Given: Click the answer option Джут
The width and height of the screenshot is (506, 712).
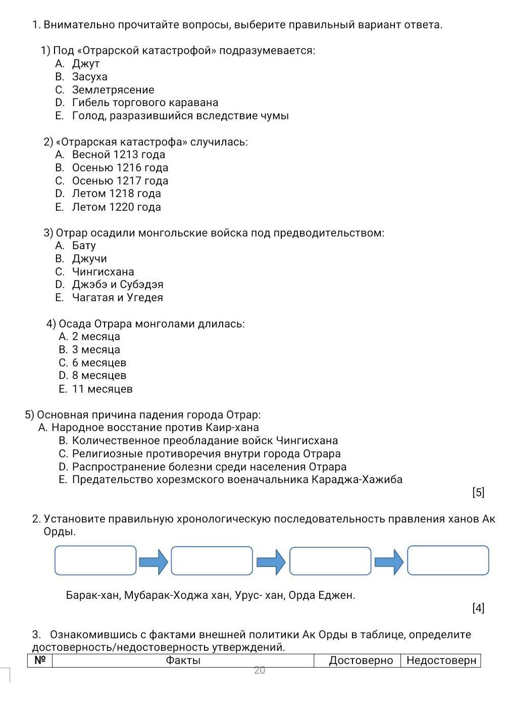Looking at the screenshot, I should (86, 64).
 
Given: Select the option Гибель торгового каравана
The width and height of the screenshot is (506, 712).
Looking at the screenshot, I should (145, 103).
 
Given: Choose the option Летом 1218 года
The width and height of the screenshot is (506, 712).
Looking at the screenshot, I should (116, 194).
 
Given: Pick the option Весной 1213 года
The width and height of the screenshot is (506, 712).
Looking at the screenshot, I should (118, 155).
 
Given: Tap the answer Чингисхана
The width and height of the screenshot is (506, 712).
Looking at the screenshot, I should (103, 272).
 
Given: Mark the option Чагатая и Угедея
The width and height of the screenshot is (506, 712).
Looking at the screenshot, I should (117, 298).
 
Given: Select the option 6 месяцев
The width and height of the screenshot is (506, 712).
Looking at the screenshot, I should (99, 363).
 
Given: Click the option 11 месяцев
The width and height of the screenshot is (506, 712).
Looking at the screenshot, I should (102, 389).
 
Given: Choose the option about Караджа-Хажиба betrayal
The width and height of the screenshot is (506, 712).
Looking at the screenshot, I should (237, 480).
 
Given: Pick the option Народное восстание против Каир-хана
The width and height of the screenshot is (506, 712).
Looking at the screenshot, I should (155, 428).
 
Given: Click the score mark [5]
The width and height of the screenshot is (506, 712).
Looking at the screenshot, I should (478, 493).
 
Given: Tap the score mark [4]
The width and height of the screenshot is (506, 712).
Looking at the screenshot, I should (478, 608).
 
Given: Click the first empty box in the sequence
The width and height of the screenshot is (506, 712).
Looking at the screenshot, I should (95, 560).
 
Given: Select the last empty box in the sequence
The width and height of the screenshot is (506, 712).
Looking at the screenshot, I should (448, 560).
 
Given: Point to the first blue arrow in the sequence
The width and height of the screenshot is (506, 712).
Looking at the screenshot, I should (154, 562).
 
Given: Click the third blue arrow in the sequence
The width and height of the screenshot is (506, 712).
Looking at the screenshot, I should (389, 562).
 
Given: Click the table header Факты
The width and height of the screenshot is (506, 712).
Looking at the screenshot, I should (183, 660).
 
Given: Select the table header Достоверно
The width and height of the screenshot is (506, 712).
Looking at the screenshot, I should (361, 660).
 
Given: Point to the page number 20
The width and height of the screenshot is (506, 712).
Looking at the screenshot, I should (260, 671).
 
